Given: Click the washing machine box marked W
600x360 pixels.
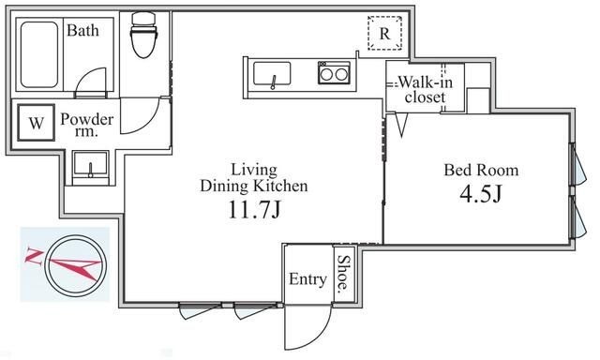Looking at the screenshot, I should click(x=36, y=123).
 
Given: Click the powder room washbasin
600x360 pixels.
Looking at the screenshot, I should click(x=91, y=167).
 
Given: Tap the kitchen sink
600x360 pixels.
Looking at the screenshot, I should click(x=271, y=73).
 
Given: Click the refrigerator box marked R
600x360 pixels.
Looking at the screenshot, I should click(x=384, y=34).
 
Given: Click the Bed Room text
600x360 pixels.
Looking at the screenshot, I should click(x=480, y=171).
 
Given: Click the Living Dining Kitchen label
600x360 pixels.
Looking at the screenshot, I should click(x=254, y=178).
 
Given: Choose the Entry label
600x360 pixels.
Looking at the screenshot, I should click(x=307, y=279).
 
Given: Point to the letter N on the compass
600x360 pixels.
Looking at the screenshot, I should click(x=35, y=253).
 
